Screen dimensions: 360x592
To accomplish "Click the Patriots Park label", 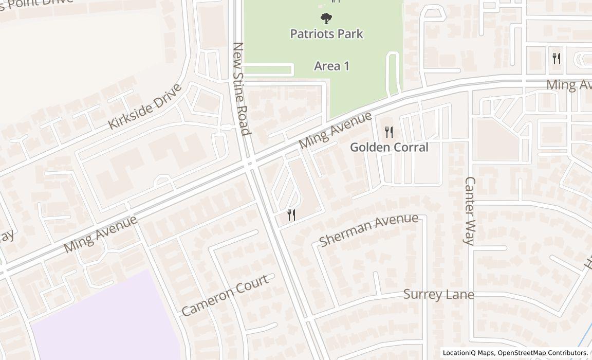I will click(326, 34).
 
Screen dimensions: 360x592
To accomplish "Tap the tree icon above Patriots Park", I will click(326, 19).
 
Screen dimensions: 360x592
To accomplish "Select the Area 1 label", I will click(331, 66).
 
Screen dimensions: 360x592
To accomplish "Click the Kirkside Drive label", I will click(145, 106).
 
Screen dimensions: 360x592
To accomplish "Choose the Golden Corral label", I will click(389, 147).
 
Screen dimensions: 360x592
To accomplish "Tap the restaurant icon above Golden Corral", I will click(389, 132).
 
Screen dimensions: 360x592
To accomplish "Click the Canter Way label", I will click(470, 211).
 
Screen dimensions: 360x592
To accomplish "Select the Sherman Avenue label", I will click(368, 229).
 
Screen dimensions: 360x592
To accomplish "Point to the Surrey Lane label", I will click(438, 295).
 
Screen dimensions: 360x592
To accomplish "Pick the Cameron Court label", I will click(225, 295).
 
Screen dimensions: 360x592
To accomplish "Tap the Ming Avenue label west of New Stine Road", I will click(101, 234).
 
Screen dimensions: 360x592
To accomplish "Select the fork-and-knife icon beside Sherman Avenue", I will click(291, 215).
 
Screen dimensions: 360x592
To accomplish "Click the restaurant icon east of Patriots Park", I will click(556, 58).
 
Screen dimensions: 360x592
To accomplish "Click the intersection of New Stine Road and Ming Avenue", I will click(251, 164).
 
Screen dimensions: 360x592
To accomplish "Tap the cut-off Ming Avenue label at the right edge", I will click(568, 84).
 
